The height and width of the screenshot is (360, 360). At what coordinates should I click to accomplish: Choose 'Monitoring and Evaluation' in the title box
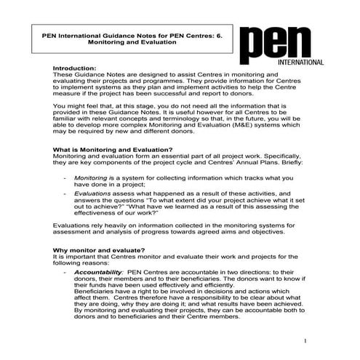point(133,41)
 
